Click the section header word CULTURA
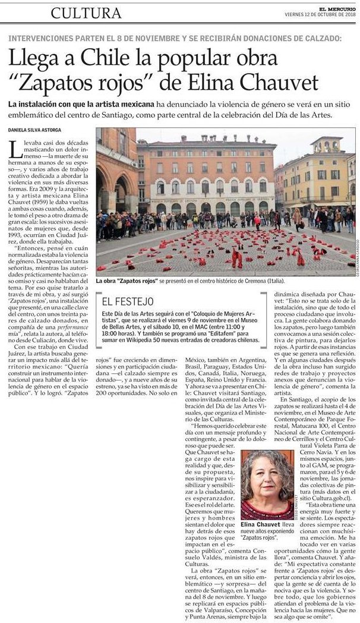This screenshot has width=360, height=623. pos(86,12)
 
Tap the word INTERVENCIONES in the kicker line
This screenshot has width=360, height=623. pos(39,38)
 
